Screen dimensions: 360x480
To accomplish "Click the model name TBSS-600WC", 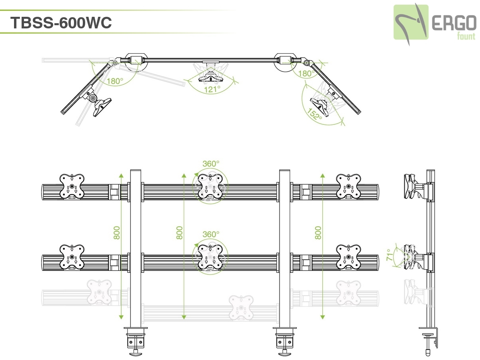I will point(61,23).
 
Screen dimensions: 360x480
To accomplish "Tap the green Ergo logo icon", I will point(411,22).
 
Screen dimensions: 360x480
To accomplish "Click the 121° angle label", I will point(212,89).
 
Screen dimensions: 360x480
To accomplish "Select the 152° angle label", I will point(315,113).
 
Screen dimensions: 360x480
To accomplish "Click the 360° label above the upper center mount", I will point(211,164).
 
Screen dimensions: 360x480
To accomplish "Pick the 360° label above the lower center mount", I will point(211,234).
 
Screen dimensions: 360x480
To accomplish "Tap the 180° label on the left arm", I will point(115,81).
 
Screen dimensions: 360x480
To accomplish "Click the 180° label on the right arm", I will point(305,74).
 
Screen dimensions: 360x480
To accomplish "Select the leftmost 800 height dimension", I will point(117,233).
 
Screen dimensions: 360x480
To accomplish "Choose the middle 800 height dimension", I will point(180,233).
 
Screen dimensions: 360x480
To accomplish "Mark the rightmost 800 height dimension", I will point(318,233).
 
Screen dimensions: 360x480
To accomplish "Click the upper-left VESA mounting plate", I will point(72,186).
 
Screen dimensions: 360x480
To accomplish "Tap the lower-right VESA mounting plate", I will point(349,257).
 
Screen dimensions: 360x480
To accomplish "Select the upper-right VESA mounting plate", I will point(349,186).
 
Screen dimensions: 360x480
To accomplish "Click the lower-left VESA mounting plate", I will point(72,257).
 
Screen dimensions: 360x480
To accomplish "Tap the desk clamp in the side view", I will point(430,338).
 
